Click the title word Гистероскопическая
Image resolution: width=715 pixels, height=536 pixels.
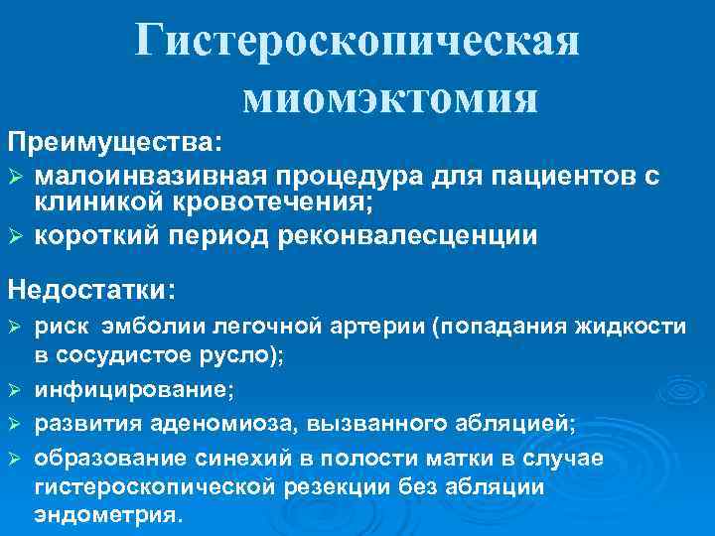point(357,42)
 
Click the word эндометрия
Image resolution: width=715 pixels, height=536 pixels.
point(108,515)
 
